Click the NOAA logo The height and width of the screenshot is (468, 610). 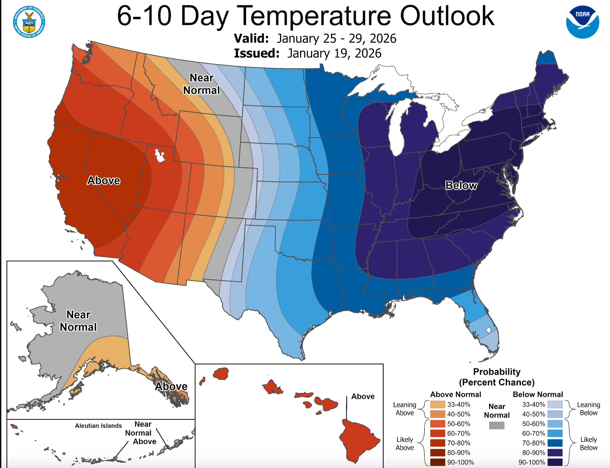tap(582, 22)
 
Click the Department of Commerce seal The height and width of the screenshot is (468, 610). tap(29, 22)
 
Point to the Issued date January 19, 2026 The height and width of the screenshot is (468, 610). tap(334, 53)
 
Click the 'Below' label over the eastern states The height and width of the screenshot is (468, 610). tap(461, 185)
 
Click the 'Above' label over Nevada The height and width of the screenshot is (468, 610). tap(104, 181)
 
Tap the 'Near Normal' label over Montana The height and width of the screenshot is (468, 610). tap(201, 84)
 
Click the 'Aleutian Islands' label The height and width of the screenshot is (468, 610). tap(98, 426)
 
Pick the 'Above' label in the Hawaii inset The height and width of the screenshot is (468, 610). tap(363, 396)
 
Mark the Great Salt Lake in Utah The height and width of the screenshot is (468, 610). tap(160, 156)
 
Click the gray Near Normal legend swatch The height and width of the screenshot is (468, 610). tap(497, 425)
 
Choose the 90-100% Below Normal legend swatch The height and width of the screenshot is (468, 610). tap(555, 462)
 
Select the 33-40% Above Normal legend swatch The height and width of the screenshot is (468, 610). tap(437, 404)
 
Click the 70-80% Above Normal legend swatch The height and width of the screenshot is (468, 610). tap(437, 443)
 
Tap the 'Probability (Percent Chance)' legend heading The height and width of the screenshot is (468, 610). tap(497, 377)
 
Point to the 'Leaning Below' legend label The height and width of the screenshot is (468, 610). tap(589, 409)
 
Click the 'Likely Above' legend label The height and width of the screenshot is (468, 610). tap(405, 443)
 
